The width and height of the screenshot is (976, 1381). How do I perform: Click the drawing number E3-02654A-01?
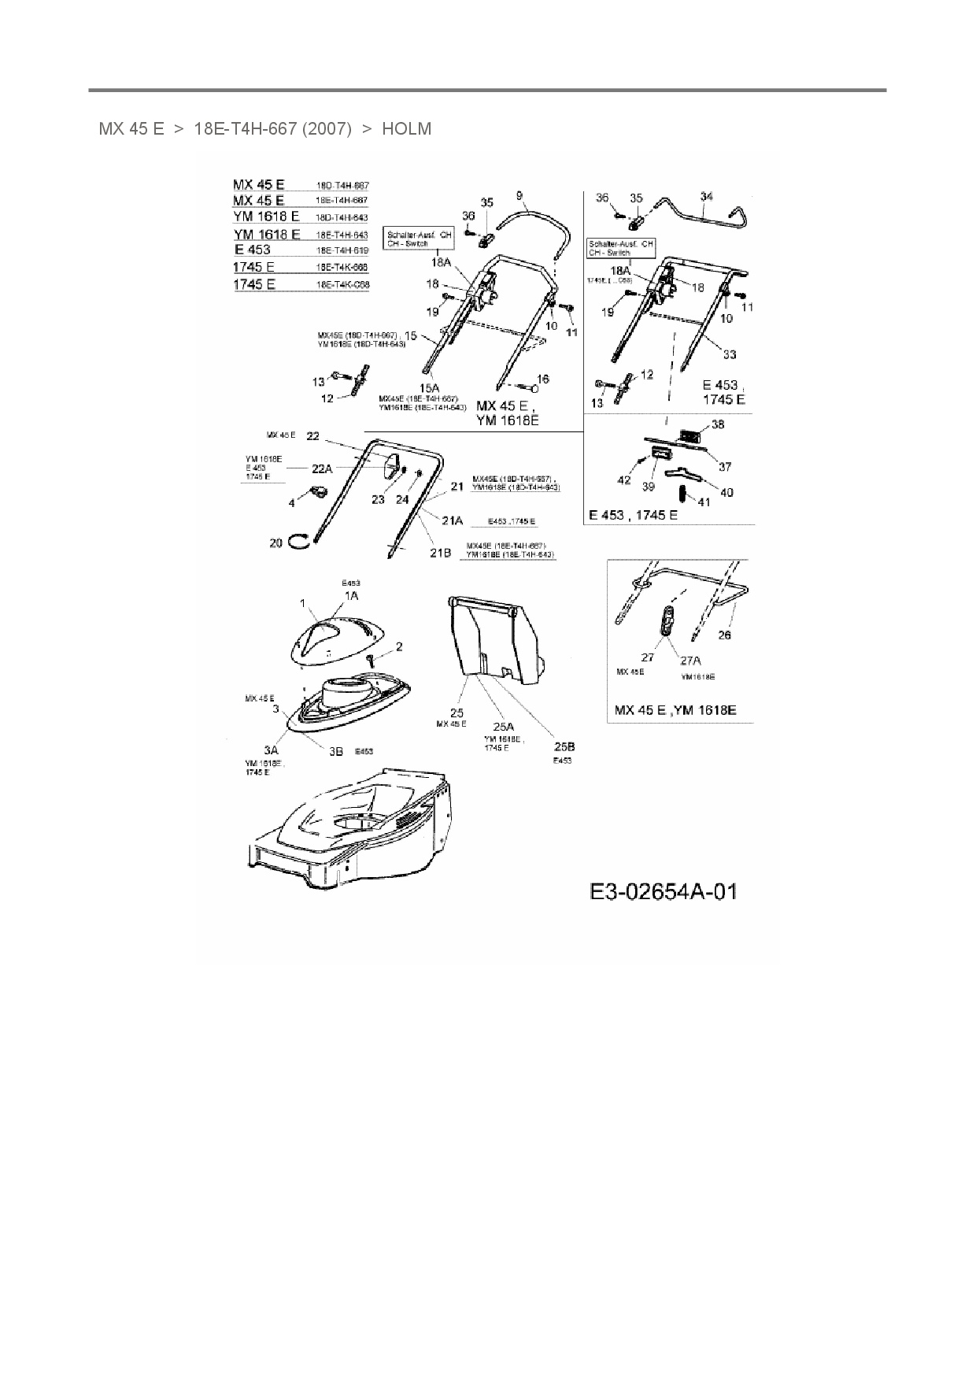tap(663, 891)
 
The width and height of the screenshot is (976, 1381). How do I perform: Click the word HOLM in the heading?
tap(406, 129)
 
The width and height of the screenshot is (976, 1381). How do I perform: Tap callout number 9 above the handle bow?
tap(519, 195)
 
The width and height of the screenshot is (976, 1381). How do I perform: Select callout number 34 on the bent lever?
tap(706, 197)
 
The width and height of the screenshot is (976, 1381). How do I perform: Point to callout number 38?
tap(717, 424)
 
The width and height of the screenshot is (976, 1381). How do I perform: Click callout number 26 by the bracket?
tap(724, 635)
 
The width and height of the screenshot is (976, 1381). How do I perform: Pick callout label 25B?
tap(564, 746)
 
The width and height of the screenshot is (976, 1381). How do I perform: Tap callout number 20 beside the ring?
tap(275, 542)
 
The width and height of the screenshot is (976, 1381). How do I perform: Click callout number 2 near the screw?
tap(399, 646)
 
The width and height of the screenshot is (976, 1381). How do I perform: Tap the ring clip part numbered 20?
tap(298, 539)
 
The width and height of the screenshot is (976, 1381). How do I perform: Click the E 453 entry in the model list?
tap(252, 250)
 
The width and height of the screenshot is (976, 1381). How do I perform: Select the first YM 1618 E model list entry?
tap(266, 217)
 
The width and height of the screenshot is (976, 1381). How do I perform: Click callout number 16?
tap(542, 379)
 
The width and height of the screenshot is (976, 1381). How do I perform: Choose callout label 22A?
tap(321, 468)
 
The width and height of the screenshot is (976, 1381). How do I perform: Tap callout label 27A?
tap(690, 661)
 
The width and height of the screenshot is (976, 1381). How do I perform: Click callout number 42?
tap(623, 479)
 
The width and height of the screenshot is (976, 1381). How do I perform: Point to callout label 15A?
tap(428, 388)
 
